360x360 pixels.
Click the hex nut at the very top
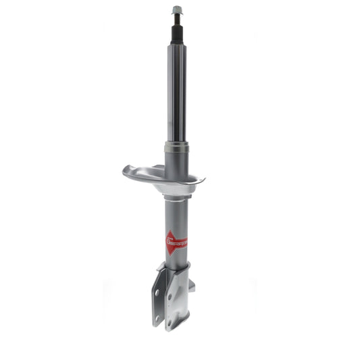pos(177,9)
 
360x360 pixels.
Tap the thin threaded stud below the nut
pos(177,20)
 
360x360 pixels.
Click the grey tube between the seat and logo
pos(176,213)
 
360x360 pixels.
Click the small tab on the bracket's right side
pos(192,285)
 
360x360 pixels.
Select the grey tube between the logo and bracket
pos(176,260)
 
